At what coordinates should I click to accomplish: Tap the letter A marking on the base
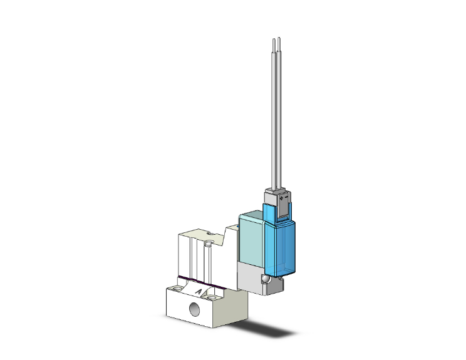click(x=199, y=291)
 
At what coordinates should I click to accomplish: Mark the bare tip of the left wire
click(x=274, y=43)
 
